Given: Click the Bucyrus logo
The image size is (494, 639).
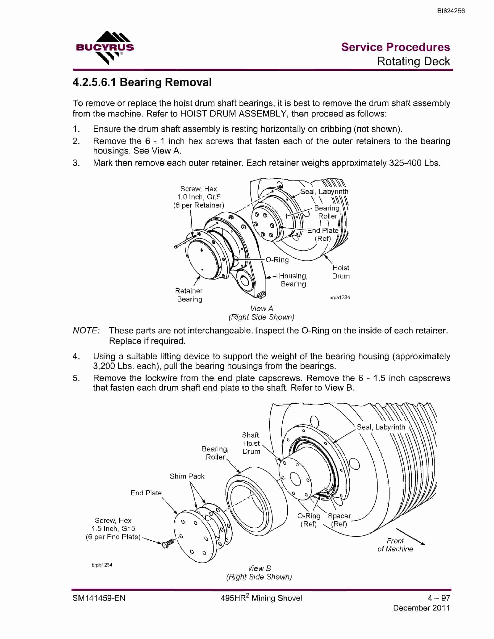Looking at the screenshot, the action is tap(105, 48).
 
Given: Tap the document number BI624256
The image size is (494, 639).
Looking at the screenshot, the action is tap(451, 11).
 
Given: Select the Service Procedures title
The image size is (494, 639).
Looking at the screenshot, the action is tap(396, 47).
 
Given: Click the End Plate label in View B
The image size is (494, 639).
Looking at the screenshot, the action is tap(146, 493).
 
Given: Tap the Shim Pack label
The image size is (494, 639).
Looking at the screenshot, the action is tap(187, 476).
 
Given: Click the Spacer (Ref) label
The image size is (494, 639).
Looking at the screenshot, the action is tap(339, 520).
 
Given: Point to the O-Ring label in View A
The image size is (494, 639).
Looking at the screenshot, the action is tap(277, 260).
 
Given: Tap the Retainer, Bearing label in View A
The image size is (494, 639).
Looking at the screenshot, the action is tap(190, 295).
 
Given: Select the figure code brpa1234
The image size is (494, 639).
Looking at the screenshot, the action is tap(339, 297).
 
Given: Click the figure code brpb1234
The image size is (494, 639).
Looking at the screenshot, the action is tap(102, 565).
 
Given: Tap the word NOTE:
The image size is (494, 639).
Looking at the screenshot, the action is tap(86, 331).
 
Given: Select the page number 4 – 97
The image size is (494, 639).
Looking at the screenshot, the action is tap(439, 598).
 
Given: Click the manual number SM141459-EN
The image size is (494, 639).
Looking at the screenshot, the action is tap(99, 598).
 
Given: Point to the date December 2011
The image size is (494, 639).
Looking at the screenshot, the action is tap(421, 608).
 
